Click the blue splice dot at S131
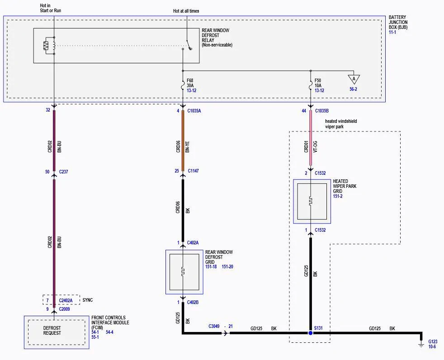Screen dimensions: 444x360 [x=310, y=333]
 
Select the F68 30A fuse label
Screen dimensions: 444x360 [x=190, y=83]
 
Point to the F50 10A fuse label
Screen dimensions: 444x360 [x=318, y=83]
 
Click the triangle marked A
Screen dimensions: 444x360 [x=354, y=79]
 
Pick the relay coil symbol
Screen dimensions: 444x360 [x=46, y=46]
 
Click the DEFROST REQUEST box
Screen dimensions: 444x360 [x=57, y=332]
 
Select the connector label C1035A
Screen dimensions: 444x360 [x=194, y=111]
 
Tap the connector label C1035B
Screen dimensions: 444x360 [x=321, y=111]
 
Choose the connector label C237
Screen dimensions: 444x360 [x=63, y=172]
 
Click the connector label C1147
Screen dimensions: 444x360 [x=193, y=171]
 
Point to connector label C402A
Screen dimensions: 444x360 [x=193, y=243]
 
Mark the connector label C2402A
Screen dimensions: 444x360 [x=66, y=300]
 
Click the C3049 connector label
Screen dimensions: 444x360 [x=214, y=326]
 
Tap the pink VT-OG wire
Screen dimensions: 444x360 [x=311, y=138]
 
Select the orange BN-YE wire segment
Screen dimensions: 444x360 [x=183, y=140]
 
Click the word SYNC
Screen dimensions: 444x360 [x=88, y=300]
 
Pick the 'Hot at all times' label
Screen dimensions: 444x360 [x=186, y=11]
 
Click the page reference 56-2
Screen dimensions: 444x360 [x=354, y=89]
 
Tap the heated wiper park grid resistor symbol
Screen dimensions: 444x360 [x=311, y=201]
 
